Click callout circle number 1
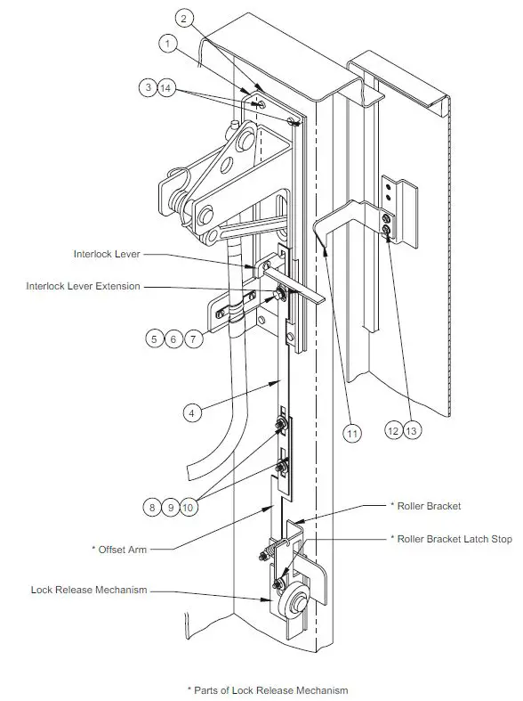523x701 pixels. (169, 42)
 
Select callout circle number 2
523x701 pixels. (184, 18)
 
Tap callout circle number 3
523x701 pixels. (147, 87)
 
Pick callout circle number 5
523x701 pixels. (156, 338)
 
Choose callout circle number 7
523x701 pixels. (193, 338)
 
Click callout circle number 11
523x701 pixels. (353, 434)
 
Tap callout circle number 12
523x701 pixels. (391, 429)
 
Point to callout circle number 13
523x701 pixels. (411, 429)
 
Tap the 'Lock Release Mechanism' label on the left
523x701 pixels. (89, 589)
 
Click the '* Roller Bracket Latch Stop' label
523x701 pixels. (451, 538)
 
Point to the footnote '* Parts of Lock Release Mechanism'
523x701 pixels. (267, 689)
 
